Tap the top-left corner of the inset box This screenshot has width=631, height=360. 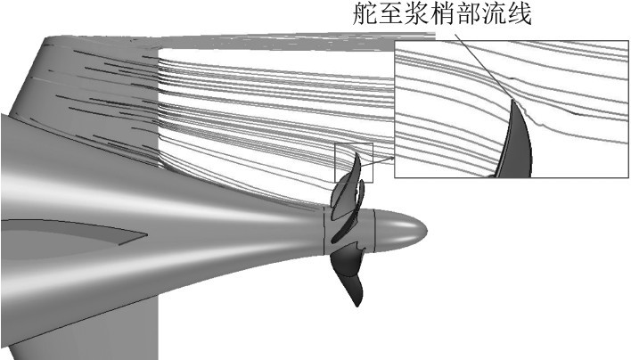pos(395,40)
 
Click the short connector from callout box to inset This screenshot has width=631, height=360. pos(383,159)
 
